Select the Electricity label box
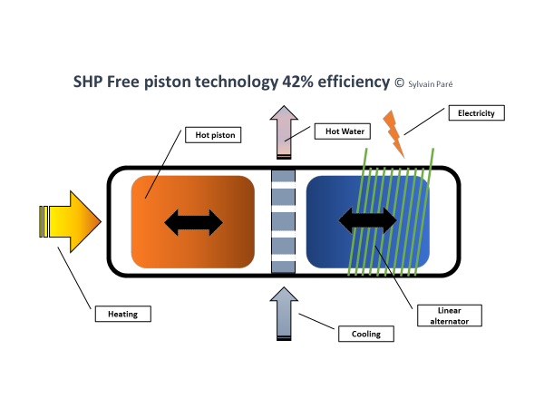pos(476,113)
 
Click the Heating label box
pos(122,314)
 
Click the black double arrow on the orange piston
pos(192,220)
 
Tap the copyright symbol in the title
pos(398,83)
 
